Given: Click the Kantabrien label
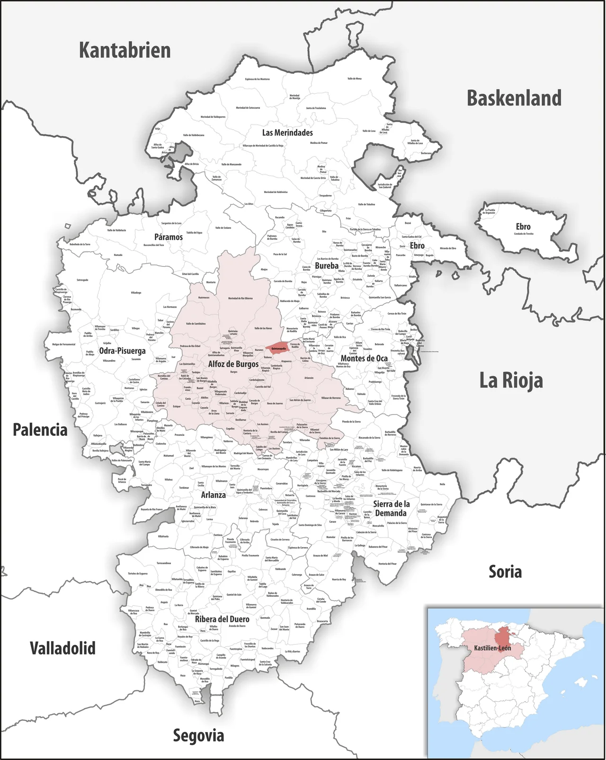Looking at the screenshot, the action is point(125,50).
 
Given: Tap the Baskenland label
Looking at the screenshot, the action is point(514,98).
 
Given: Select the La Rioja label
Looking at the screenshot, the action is point(511,380).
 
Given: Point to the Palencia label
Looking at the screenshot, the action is point(40,430).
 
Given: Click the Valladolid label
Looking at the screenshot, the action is point(62,648).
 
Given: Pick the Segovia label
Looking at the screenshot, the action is point(198,735).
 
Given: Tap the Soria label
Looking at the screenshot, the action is point(505,572).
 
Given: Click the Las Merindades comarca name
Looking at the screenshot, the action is point(287,133).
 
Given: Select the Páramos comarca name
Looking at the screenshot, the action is point(168,237).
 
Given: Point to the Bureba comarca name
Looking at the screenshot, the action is point(327,265).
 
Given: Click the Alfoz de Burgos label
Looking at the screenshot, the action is point(233,364).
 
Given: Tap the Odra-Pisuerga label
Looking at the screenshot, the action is point(122,351).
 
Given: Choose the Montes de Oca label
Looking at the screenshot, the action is point(364,358).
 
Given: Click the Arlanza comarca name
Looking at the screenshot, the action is point(213,495).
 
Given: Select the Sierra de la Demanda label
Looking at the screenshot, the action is point(391,509).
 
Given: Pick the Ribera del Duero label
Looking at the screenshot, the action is point(222,619).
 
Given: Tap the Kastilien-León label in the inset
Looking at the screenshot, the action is point(492,648).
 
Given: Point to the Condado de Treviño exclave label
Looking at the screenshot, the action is point(523,233).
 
